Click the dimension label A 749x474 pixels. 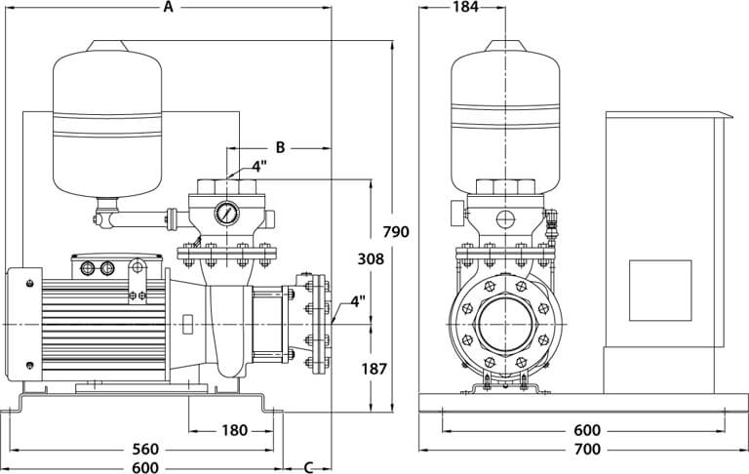tap(168, 8)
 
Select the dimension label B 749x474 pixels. tap(279, 147)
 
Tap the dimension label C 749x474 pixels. tap(309, 464)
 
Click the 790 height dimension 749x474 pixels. tap(396, 232)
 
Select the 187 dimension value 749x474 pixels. tap(374, 369)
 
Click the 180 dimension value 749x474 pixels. tap(233, 431)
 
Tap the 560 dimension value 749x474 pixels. tap(143, 450)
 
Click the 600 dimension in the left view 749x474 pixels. tap(143, 465)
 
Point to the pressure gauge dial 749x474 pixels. tap(228, 214)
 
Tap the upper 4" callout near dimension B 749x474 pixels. tap(259, 166)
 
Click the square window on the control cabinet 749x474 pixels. tap(659, 291)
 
